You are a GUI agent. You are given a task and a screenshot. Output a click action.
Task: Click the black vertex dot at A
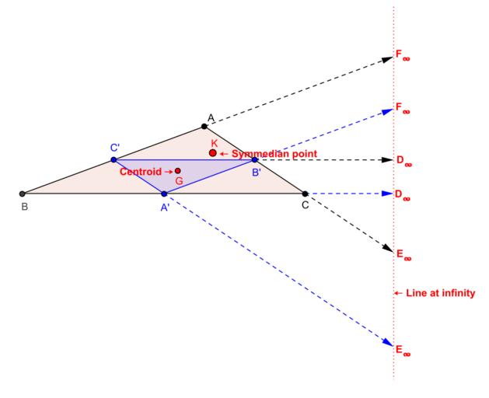pyautogui.click(x=204, y=127)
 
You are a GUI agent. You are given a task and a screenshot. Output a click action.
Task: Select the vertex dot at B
pyautogui.click(x=22, y=194)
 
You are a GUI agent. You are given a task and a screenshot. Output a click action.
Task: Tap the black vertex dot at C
pyautogui.click(x=306, y=194)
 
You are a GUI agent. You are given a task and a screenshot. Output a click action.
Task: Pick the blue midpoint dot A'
pyautogui.click(x=164, y=194)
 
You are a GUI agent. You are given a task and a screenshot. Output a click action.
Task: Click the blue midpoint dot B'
pyautogui.click(x=255, y=159)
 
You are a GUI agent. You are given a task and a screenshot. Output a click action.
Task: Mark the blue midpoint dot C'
pyautogui.click(x=114, y=159)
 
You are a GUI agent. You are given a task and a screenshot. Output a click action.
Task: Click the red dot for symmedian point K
pyautogui.click(x=213, y=153)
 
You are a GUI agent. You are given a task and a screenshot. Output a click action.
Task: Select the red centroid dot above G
pyautogui.click(x=178, y=170)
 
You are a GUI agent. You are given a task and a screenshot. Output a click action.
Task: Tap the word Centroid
pyautogui.click(x=141, y=172)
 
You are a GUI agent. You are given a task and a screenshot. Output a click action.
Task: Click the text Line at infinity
pyautogui.click(x=440, y=293)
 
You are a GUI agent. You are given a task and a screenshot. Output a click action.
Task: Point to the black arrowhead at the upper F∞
pyautogui.click(x=388, y=59)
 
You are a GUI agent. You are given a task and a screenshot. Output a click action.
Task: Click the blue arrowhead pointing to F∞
pyautogui.click(x=388, y=111)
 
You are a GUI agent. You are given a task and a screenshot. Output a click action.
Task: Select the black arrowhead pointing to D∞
pyautogui.click(x=387, y=160)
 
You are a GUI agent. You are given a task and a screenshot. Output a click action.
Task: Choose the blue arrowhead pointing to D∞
pyautogui.click(x=387, y=194)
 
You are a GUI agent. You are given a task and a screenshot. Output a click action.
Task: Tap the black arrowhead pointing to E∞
pyautogui.click(x=389, y=248)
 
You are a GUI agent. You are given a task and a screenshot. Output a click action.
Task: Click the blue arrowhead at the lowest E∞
pyautogui.click(x=389, y=343)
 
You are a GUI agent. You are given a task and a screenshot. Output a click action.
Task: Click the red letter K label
pyautogui.click(x=215, y=144)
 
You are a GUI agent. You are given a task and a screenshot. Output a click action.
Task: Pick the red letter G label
pyautogui.click(x=179, y=181)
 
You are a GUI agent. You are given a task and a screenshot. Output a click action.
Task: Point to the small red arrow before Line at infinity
pyautogui.click(x=398, y=293)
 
